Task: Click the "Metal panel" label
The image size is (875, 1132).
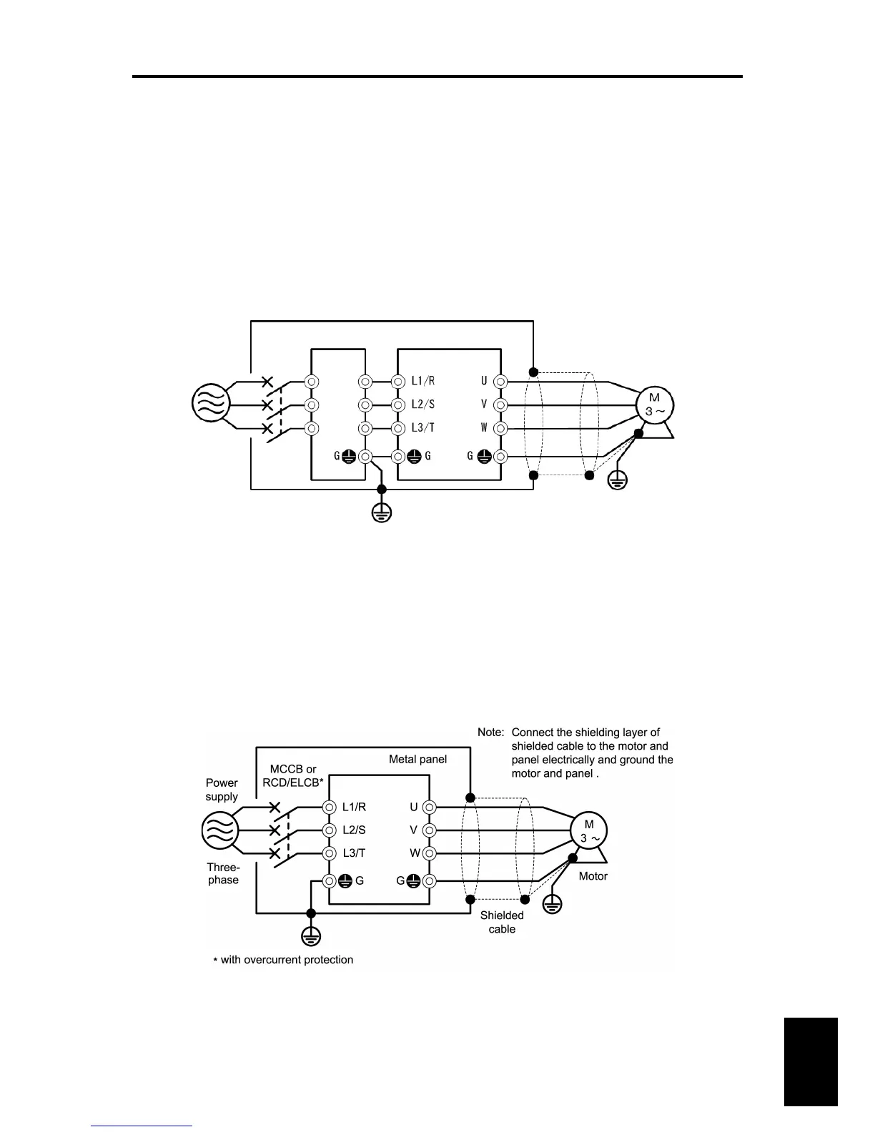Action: (417, 759)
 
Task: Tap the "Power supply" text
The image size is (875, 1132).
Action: (222, 790)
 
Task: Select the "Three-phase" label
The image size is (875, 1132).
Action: (223, 873)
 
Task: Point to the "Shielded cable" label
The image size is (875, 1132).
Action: (502, 922)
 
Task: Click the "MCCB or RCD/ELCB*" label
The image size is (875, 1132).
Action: (293, 775)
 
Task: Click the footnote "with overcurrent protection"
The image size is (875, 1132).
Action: (287, 960)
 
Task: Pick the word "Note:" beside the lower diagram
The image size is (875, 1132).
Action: (491, 733)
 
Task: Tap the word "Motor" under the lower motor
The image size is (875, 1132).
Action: (593, 876)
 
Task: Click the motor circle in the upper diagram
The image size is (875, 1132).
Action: (655, 404)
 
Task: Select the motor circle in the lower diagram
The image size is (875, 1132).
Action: (588, 831)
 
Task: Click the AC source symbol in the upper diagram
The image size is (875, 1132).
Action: (211, 402)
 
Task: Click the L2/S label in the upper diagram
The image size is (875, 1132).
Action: (422, 404)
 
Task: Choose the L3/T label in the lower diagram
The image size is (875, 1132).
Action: (354, 853)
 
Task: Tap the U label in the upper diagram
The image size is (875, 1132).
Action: (484, 382)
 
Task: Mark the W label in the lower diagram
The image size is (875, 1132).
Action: (415, 853)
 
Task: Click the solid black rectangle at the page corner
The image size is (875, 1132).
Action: (810, 1062)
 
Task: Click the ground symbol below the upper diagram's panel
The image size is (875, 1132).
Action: (382, 512)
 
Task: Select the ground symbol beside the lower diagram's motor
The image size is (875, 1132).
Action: (552, 904)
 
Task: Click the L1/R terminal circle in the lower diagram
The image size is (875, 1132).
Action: (330, 808)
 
